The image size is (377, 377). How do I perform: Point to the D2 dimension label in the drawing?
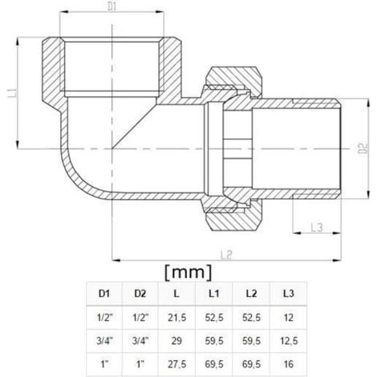click(x=362, y=148)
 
